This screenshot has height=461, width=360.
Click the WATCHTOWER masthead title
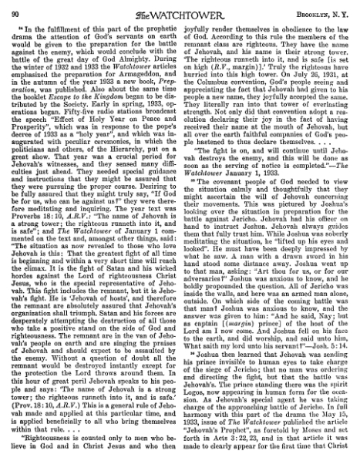tap(180, 10)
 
